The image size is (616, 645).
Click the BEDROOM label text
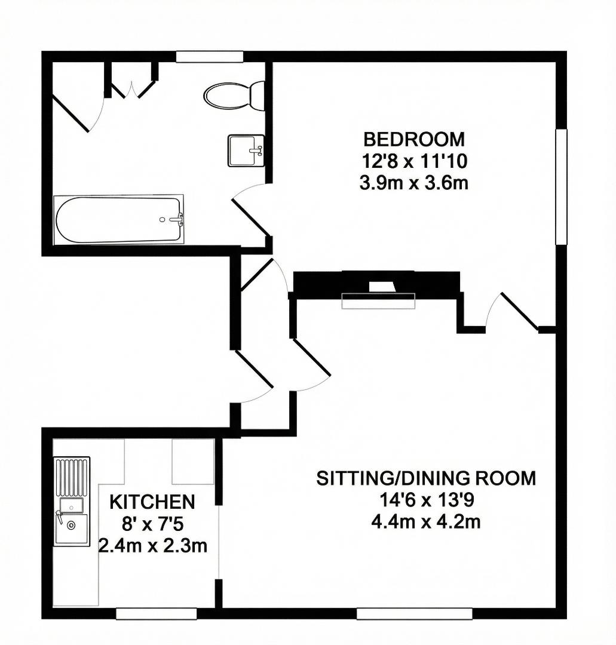413,140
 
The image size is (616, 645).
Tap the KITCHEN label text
152,502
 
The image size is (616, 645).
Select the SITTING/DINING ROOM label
426,478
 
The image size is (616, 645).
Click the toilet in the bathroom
234,96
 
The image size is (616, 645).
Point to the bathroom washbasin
245,150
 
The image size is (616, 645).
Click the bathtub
118,219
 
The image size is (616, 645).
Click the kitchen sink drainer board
72,478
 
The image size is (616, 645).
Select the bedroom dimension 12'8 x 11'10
413,161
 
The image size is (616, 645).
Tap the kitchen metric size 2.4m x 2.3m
152,545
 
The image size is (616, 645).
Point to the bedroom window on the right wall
560,187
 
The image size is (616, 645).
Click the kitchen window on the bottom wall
157,613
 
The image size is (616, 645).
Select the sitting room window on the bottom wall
414,613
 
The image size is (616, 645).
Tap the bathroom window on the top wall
210,57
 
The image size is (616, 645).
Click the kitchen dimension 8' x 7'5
152,524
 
